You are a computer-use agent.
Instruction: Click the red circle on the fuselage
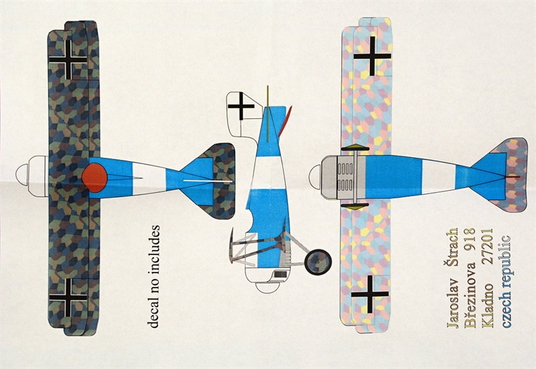tap(94, 176)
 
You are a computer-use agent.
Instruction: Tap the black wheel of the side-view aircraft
tap(318, 261)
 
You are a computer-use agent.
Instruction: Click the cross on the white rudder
tap(240, 106)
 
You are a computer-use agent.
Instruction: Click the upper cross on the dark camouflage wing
tap(68, 60)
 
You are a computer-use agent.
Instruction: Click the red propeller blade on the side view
tap(288, 116)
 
